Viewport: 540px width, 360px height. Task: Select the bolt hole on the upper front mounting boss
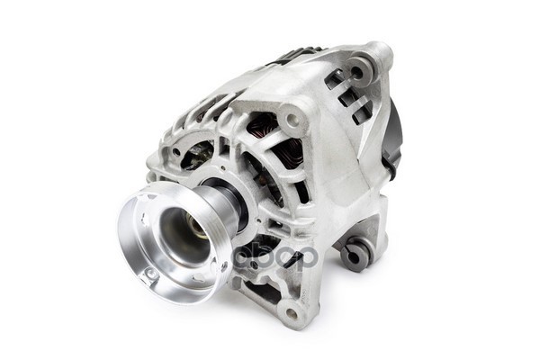point(292,118)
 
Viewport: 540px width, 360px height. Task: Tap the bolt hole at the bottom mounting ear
point(291,314)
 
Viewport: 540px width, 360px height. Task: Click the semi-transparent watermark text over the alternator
point(274,256)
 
